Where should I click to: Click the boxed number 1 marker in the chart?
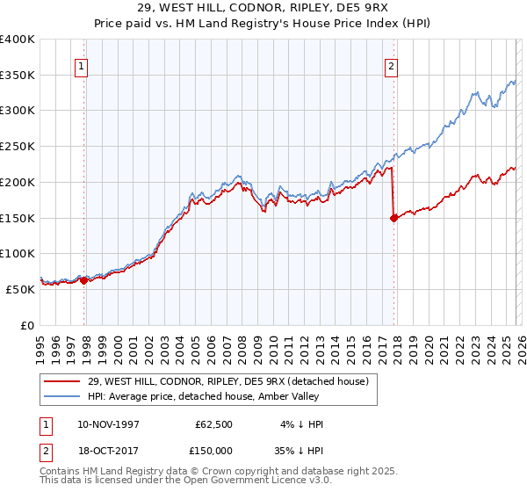point(81,64)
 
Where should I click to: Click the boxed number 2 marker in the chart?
point(390,64)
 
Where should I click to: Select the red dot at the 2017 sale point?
point(393,219)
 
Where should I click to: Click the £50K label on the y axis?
point(20,288)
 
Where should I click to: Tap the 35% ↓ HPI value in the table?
point(300,452)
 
